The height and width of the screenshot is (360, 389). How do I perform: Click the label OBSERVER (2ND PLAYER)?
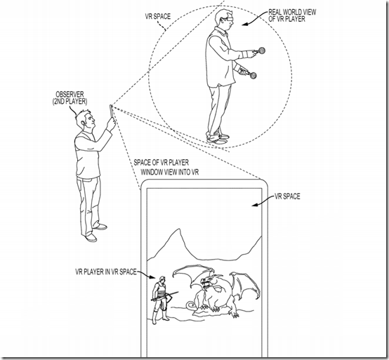[70, 98]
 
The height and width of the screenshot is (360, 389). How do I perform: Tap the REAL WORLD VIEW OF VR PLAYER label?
[292, 15]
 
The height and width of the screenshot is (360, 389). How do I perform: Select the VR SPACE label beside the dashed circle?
[158, 16]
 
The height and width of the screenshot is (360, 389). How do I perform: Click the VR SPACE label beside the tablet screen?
[287, 196]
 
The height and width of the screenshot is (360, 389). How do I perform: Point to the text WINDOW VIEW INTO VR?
[170, 172]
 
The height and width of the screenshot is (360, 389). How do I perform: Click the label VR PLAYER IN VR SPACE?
[106, 272]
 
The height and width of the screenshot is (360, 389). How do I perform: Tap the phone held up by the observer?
[111, 112]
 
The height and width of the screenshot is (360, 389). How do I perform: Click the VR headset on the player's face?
[229, 19]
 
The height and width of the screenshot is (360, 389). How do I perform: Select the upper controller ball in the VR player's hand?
[261, 51]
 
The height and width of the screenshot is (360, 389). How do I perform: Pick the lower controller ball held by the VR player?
[253, 75]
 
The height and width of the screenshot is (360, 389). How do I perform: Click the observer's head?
[86, 120]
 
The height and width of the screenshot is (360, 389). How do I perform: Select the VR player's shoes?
[218, 139]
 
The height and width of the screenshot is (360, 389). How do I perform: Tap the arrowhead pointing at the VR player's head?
[244, 24]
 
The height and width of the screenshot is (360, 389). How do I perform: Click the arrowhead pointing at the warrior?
[153, 276]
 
